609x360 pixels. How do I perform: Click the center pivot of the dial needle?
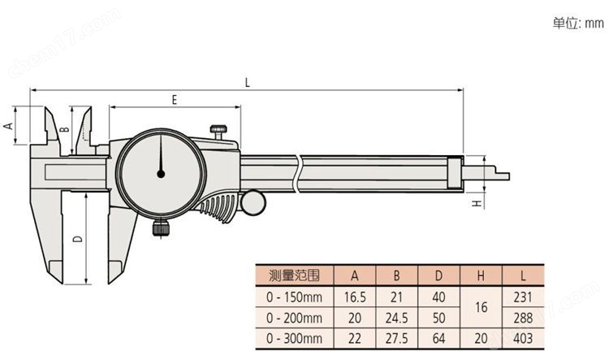click(161, 172)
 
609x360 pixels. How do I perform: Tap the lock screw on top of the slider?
click(219, 130)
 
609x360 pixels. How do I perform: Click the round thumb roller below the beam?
click(253, 202)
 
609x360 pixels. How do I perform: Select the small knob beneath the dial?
click(161, 228)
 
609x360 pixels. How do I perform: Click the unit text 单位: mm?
click(579, 24)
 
